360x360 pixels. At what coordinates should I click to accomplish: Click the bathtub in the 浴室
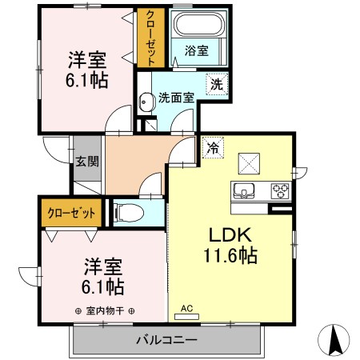tap(198, 24)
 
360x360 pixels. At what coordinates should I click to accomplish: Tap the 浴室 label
tap(197, 50)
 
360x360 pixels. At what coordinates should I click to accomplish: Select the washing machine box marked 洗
tap(217, 85)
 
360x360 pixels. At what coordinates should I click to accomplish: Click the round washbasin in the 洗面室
tap(146, 102)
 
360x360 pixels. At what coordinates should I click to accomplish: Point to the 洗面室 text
tap(176, 98)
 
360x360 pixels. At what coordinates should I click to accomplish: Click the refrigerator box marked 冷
tap(213, 147)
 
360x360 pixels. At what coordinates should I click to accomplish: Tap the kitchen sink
tap(244, 190)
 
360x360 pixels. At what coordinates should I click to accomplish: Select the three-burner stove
tap(280, 190)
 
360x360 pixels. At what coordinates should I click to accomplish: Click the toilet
tap(129, 213)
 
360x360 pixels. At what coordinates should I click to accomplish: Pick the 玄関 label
tap(87, 162)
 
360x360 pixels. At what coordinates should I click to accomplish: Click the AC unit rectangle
tap(186, 317)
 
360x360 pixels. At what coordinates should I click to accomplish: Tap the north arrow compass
tap(334, 340)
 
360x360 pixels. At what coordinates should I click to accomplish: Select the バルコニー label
tap(166, 340)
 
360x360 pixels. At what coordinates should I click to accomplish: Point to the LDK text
tap(230, 234)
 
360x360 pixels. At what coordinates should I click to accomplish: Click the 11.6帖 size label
tap(230, 255)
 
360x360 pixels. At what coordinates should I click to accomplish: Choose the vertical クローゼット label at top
tap(150, 38)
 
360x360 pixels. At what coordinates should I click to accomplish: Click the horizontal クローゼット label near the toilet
tap(71, 213)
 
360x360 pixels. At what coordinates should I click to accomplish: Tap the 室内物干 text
tap(105, 311)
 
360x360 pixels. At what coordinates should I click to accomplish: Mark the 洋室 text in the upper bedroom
tap(87, 60)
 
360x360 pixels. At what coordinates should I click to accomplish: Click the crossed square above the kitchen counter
tap(249, 164)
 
